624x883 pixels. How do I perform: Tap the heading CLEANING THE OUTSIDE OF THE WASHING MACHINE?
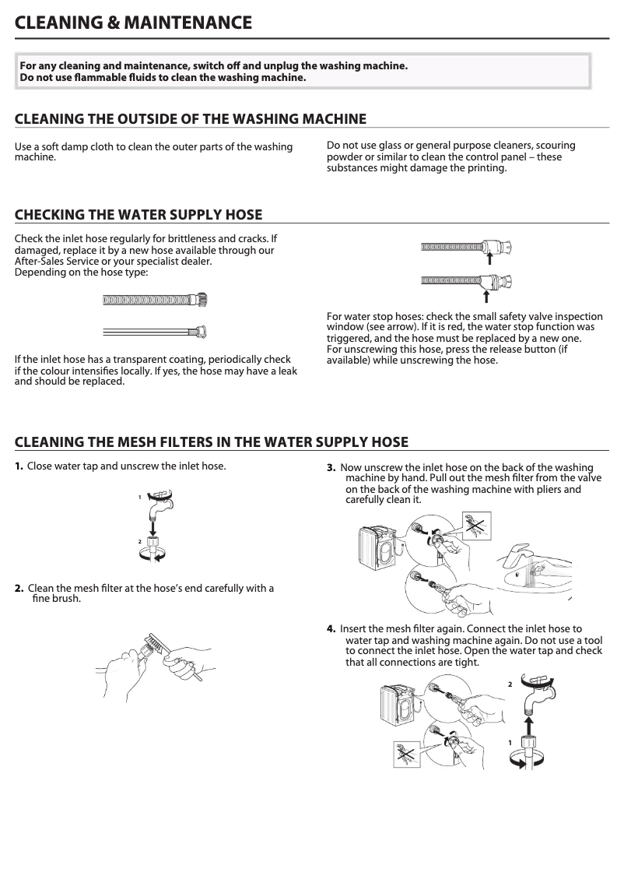[191, 119]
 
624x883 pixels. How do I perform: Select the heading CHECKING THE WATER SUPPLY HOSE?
[138, 215]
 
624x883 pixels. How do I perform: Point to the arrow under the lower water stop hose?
[486, 294]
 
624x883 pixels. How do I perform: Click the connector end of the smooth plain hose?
[201, 332]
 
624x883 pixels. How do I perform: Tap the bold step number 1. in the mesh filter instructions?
[19, 466]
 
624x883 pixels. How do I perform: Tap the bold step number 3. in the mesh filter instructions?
[331, 467]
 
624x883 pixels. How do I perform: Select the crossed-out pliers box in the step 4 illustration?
[407, 753]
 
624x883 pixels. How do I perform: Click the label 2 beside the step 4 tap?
[510, 684]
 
